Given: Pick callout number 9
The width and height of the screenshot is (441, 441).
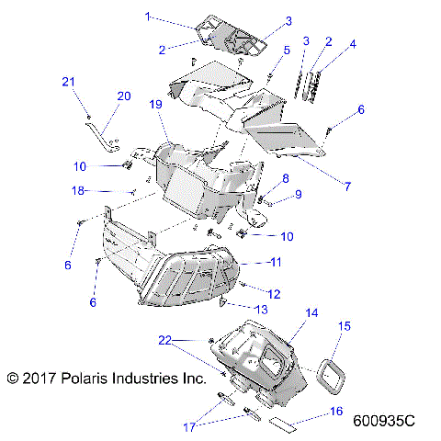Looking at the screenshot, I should (x=298, y=194).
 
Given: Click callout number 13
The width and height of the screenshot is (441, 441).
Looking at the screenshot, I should (x=261, y=309).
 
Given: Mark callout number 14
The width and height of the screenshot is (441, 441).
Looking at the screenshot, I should (x=311, y=312).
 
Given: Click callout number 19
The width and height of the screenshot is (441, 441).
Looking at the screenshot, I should (x=156, y=106).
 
